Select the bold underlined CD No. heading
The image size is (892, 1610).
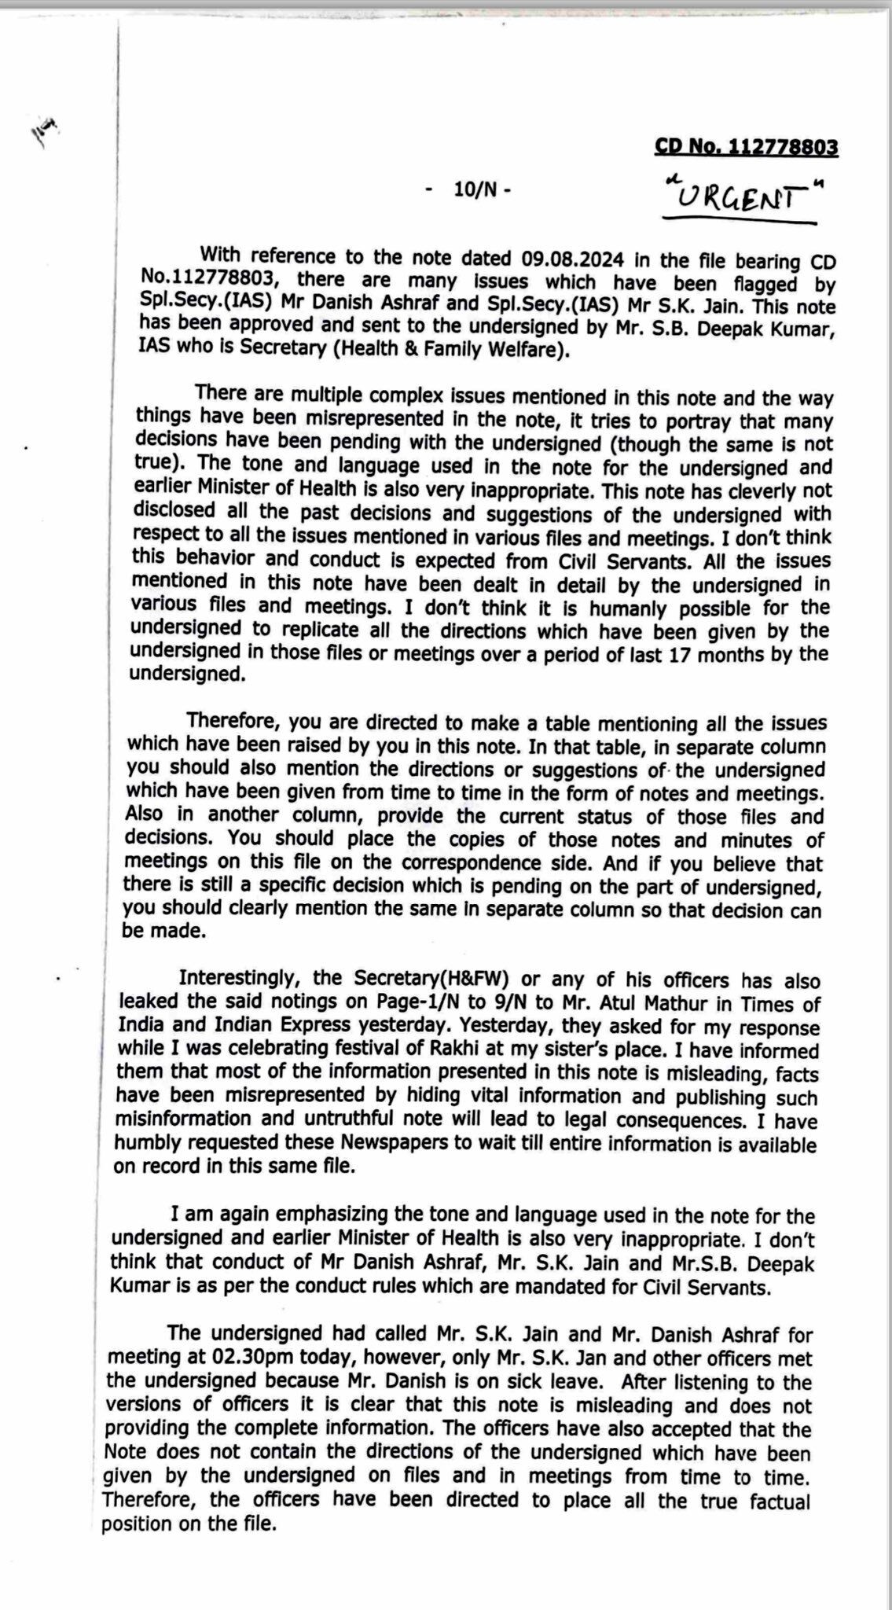(x=746, y=147)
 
